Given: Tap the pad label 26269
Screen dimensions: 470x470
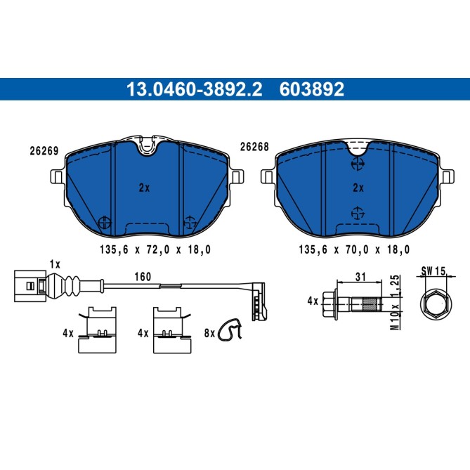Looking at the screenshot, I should coord(44,150).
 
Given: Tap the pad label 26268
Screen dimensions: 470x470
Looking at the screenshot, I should coord(254,147).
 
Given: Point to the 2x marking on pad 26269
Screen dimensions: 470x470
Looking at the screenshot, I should coord(145,188).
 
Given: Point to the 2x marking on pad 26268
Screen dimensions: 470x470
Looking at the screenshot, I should coord(358,188).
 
